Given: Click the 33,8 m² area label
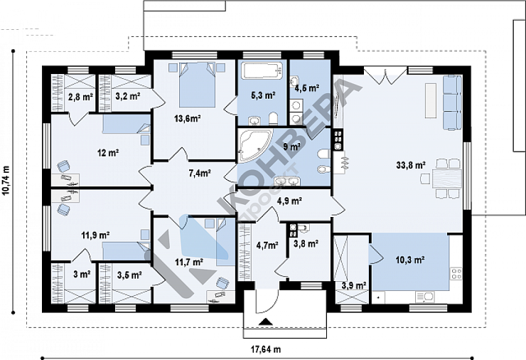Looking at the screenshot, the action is pyautogui.click(x=411, y=165).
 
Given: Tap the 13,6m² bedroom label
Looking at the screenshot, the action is pyautogui.click(x=187, y=118).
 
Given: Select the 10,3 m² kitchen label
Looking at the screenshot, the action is pyautogui.click(x=411, y=260).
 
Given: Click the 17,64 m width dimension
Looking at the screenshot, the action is pyautogui.click(x=266, y=349).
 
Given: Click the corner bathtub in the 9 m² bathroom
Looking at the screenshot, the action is pyautogui.click(x=254, y=146).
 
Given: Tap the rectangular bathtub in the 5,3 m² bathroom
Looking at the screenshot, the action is pyautogui.click(x=262, y=71).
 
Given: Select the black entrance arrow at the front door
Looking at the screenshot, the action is pyautogui.click(x=266, y=322).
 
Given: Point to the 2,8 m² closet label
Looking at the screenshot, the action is pyautogui.click(x=80, y=97).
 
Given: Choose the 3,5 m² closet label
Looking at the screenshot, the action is pyautogui.click(x=129, y=275).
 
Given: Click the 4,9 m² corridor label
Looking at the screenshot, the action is pyautogui.click(x=289, y=201).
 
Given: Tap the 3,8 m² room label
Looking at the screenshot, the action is pyautogui.click(x=306, y=243).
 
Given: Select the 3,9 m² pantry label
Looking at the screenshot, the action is pyautogui.click(x=353, y=286).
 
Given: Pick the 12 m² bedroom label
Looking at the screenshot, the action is pyautogui.click(x=108, y=153).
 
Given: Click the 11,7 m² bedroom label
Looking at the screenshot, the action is pyautogui.click(x=190, y=262).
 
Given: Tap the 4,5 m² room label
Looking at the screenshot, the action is pyautogui.click(x=306, y=88).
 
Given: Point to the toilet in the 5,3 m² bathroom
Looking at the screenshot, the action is pyautogui.click(x=274, y=119).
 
